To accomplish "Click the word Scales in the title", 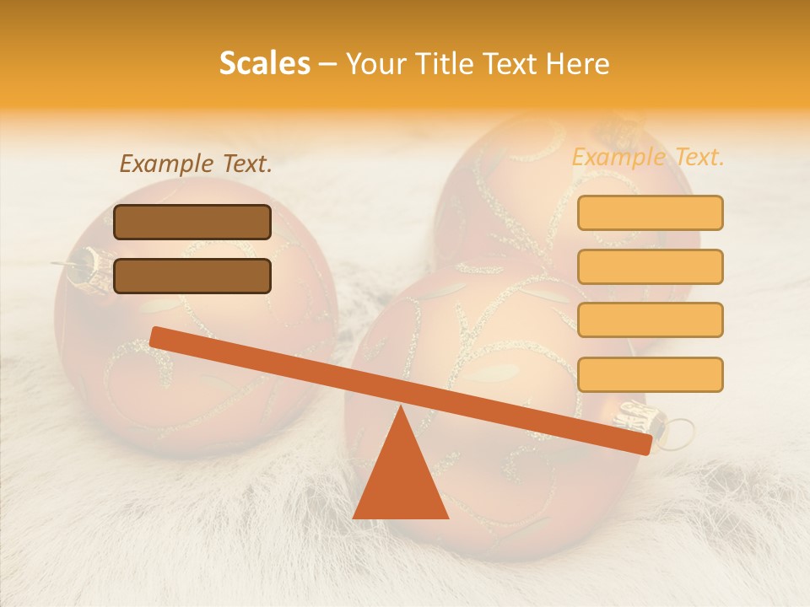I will [x=264, y=63].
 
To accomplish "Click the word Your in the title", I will [x=374, y=64].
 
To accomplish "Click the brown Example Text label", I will [x=196, y=164].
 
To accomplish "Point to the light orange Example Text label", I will [x=648, y=157].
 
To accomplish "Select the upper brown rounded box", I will [x=192, y=222].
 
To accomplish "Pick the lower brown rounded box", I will [x=192, y=276].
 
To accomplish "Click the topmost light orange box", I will [x=650, y=212].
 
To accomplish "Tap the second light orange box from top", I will [x=650, y=266].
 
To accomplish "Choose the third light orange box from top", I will [x=650, y=320].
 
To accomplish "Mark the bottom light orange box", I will [x=650, y=374].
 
